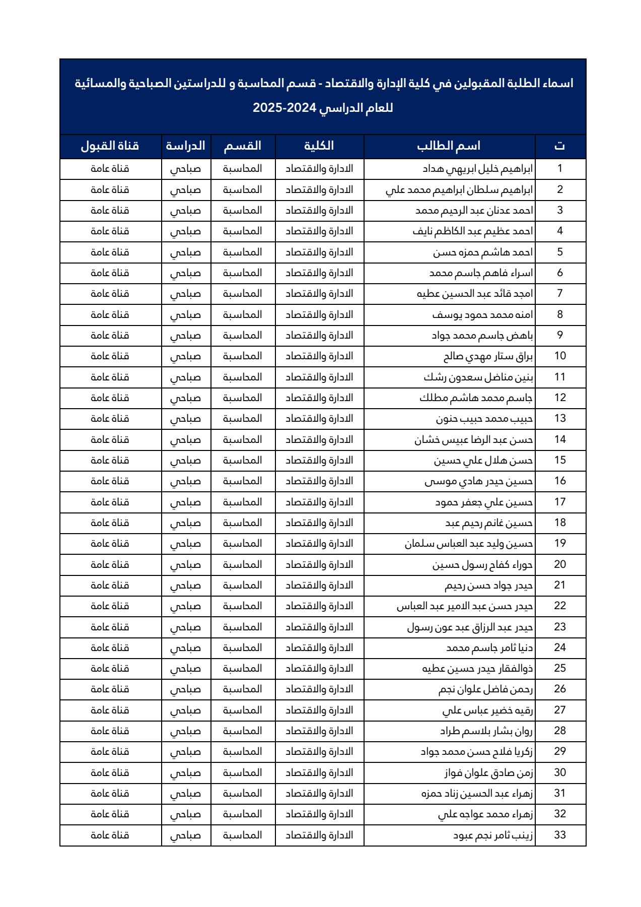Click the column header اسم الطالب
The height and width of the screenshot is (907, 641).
tap(449, 146)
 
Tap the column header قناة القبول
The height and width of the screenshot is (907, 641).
tap(110, 146)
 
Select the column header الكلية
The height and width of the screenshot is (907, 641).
tap(319, 146)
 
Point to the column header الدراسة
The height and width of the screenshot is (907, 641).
tap(186, 146)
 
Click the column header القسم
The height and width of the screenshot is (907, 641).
tap(243, 146)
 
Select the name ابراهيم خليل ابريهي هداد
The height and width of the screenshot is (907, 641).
tap(477, 169)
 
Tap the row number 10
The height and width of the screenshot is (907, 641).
tap(560, 356)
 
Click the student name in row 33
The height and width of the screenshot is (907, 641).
tap(493, 835)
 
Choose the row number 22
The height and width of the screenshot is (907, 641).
tap(560, 606)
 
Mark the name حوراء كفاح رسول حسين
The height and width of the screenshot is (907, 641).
tap(482, 565)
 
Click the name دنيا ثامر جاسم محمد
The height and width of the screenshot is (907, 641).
tap(489, 648)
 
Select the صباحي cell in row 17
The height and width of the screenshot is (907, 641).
tap(185, 502)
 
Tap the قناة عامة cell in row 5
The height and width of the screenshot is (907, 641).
tap(110, 252)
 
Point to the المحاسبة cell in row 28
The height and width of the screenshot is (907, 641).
tap(243, 731)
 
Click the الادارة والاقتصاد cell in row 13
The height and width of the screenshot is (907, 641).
tap(319, 419)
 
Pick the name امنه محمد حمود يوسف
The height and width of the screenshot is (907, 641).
tap(482, 315)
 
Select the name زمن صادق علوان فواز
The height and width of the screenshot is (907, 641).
tap(488, 773)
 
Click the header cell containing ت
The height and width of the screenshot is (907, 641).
tap(560, 146)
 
